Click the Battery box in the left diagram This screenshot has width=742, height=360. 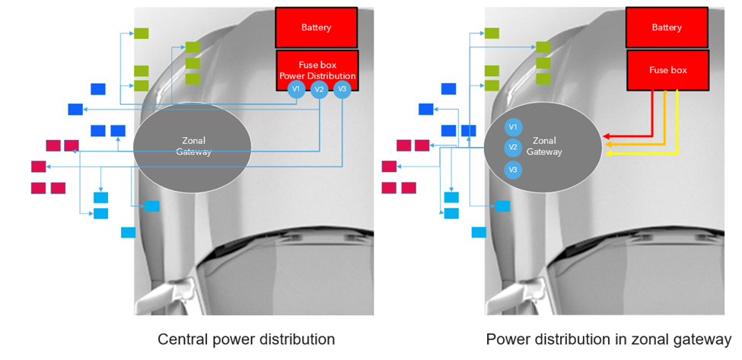pos(316,27)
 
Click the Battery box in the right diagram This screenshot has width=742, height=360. pos(667,27)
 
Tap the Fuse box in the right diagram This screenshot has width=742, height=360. pos(667,70)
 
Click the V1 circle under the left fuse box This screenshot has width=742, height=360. pos(297,90)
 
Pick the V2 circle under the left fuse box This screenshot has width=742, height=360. pos(320,90)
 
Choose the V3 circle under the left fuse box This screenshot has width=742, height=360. pos(342,90)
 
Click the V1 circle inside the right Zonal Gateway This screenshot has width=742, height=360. pos(513,126)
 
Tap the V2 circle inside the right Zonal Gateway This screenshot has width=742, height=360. pos(513,148)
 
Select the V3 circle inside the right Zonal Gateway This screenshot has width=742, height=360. pos(513,169)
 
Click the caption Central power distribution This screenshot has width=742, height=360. pos(246,339)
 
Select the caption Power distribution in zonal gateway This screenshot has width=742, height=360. pos(608,339)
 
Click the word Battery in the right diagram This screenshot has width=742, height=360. pos(667,27)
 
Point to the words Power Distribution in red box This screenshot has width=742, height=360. pos(317,76)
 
